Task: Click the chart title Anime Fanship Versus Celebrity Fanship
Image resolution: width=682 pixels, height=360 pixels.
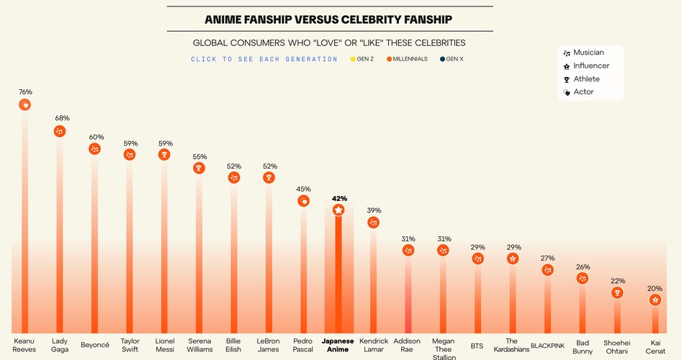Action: pos(330,19)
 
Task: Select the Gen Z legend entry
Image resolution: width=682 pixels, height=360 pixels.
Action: pos(362,59)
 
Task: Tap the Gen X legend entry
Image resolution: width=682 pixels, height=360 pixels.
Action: pos(452,59)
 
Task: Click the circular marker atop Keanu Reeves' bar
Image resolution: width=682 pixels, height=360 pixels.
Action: pos(24,105)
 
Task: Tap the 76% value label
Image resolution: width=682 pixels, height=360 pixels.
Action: pos(25,92)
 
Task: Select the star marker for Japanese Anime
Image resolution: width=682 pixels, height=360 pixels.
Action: pos(338,210)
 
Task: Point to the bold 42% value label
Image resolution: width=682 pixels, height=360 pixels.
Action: pos(339,198)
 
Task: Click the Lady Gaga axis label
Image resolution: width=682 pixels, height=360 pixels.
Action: pos(60,345)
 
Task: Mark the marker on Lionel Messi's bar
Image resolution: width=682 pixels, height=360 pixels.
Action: pos(164,154)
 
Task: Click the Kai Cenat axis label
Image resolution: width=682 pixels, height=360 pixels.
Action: pos(655,346)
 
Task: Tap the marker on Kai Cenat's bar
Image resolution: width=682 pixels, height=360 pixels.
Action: pos(655,300)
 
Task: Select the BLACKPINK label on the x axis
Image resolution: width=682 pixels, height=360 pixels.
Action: pos(547,346)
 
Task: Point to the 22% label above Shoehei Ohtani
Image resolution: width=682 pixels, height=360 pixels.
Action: pos(618,281)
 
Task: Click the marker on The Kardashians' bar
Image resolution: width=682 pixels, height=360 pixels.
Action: pos(513,258)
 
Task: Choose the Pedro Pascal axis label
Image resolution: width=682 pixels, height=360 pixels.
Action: pos(303,345)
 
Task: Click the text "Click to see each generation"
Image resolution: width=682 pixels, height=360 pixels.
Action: pos(264,59)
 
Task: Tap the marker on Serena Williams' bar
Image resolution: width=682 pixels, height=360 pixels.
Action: pos(199,168)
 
